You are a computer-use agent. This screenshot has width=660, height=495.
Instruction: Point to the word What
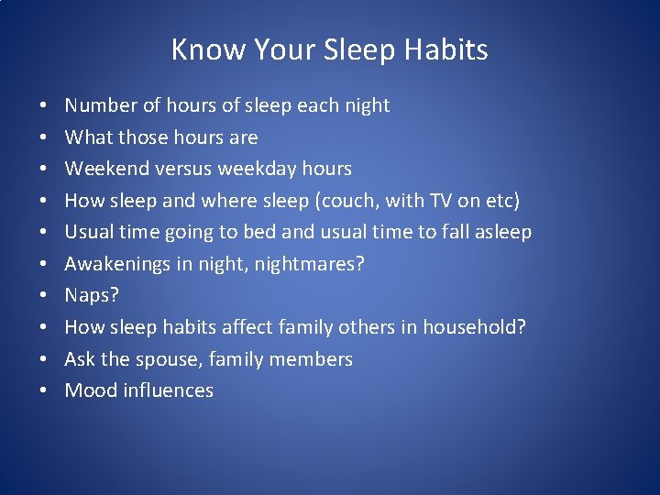pos(86,137)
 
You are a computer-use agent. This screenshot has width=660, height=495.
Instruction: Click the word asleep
pos(503,232)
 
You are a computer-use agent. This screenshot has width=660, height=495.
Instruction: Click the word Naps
pos(89,295)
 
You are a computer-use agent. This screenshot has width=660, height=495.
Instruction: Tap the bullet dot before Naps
pos(45,296)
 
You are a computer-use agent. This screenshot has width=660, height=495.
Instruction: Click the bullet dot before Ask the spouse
pos(45,359)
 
